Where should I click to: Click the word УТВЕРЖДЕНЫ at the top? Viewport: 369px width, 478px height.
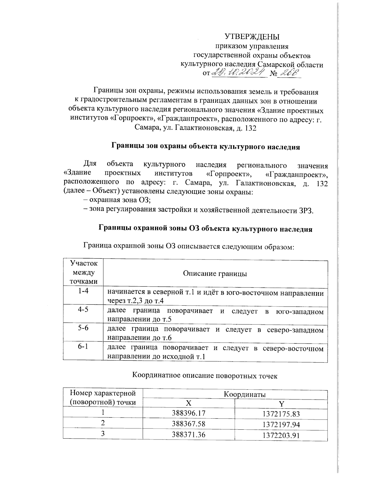252,37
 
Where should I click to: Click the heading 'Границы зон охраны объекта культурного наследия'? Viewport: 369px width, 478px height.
205,147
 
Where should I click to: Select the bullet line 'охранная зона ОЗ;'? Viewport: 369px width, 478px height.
118,201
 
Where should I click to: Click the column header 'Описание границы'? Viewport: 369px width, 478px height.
215,273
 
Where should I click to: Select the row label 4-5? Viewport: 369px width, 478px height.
83,309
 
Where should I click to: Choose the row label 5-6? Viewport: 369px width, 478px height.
83,328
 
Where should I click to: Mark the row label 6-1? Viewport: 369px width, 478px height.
83,347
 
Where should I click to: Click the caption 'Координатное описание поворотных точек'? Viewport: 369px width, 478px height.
205,376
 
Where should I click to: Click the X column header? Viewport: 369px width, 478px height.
188,403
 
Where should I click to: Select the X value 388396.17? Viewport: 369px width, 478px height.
188,413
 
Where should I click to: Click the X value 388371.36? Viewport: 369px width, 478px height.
188,435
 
